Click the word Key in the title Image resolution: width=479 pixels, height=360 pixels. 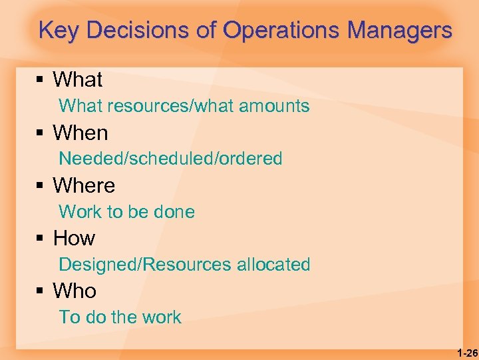60,31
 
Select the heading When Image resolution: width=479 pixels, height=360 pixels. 80,133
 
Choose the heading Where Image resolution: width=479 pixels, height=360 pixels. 84,185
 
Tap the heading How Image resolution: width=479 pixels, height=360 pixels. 74,238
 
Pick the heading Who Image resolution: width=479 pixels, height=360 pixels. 75,291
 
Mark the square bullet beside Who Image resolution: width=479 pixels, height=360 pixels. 40,291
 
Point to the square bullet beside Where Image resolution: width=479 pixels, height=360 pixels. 40,186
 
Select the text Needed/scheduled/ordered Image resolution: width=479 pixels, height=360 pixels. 170,159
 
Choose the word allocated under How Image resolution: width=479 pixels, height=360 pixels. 273,265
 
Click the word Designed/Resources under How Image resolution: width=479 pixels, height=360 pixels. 145,265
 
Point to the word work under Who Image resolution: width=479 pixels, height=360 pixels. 162,317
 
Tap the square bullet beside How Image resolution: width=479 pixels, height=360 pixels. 40,239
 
